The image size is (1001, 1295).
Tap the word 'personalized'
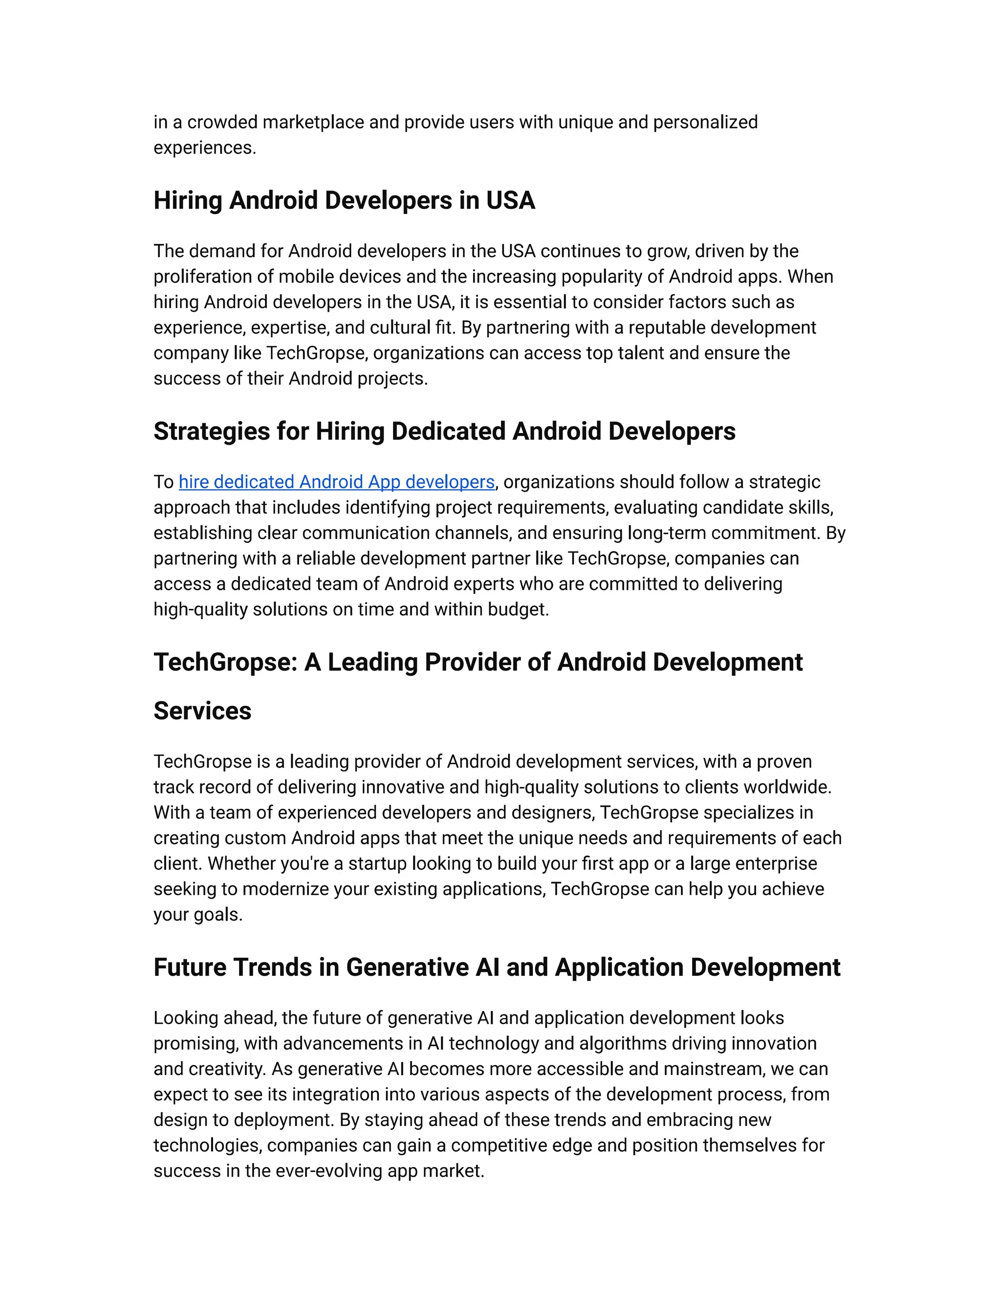click(x=705, y=122)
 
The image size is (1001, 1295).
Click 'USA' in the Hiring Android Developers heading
click(x=511, y=200)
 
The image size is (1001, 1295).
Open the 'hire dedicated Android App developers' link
click(x=336, y=482)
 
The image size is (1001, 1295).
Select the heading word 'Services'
click(x=202, y=711)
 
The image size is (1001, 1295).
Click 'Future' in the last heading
click(x=190, y=968)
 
